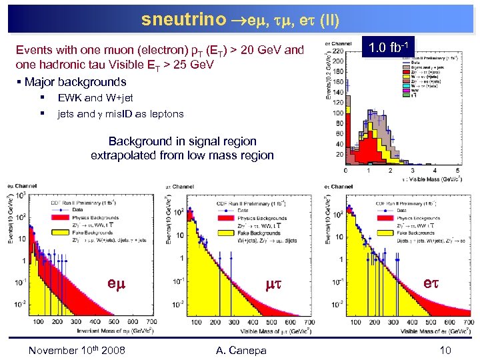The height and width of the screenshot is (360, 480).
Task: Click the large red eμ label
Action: click(117, 281)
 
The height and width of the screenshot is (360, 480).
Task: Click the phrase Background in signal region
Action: click(182, 141)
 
